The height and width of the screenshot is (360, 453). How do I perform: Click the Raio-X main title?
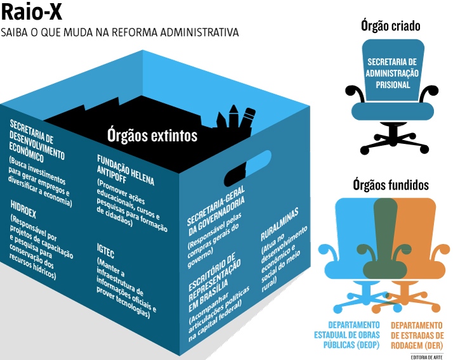point(32,12)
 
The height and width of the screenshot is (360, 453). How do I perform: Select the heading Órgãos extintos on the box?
point(152,136)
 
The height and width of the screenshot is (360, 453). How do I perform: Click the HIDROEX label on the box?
point(23,209)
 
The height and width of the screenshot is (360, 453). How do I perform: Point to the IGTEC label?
point(105,251)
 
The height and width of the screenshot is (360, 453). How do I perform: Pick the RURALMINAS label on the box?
point(279,224)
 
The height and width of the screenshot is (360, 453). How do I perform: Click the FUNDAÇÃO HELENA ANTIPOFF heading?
point(125,170)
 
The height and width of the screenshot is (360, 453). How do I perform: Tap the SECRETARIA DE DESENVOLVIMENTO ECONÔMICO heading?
point(36,141)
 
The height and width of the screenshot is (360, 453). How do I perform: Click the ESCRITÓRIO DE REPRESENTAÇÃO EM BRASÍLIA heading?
point(214,283)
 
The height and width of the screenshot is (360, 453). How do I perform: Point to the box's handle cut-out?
point(247,169)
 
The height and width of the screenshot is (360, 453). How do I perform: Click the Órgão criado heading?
point(390,26)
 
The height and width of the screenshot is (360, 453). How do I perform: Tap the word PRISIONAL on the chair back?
point(393,85)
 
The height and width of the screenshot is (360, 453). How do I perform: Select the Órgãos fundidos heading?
point(391,185)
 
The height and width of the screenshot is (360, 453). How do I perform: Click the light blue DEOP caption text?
point(346,335)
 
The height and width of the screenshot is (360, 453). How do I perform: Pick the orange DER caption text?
point(417,335)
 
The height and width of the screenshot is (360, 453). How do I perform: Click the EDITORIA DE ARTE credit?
point(427,357)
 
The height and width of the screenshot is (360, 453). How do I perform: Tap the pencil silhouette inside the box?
point(246,119)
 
